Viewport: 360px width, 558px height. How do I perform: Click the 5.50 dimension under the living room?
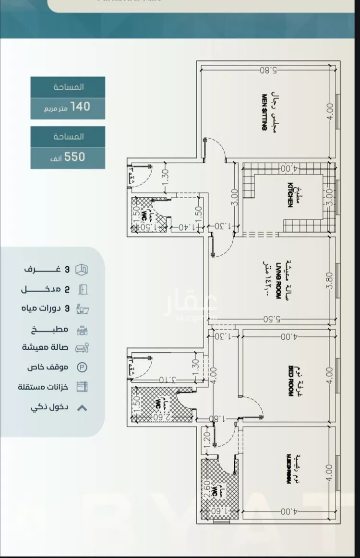click(272, 319)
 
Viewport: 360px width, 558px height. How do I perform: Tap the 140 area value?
click(80, 107)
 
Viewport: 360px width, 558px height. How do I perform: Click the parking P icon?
click(83, 368)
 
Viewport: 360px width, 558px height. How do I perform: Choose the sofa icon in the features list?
click(83, 348)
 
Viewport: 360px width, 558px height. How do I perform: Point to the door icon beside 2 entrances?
click(83, 289)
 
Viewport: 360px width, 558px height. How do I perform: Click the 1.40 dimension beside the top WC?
click(186, 227)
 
